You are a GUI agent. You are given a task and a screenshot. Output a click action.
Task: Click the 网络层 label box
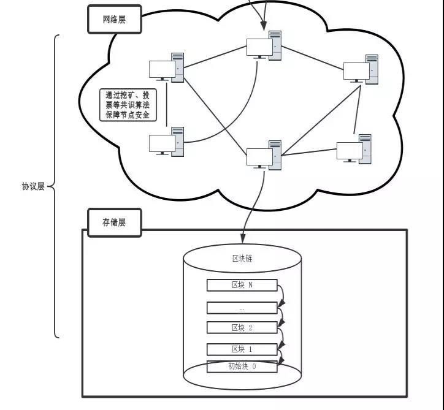point(114,20)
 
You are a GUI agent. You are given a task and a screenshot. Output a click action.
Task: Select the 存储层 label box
point(114,223)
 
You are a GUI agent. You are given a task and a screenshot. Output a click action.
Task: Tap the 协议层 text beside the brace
point(33,186)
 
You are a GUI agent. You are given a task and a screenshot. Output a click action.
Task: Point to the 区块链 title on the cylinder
point(242,259)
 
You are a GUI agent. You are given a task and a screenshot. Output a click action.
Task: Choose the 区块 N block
point(242,285)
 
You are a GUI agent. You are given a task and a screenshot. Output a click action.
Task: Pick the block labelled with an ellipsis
point(242,308)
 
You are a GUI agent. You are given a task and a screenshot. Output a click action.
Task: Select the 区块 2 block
point(242,327)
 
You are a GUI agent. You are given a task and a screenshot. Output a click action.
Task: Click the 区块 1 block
point(242,349)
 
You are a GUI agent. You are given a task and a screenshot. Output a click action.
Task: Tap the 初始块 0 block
point(242,366)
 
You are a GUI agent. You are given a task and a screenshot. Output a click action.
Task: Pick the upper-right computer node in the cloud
point(361,70)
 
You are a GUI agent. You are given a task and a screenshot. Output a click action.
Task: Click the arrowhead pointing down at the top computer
point(264,25)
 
